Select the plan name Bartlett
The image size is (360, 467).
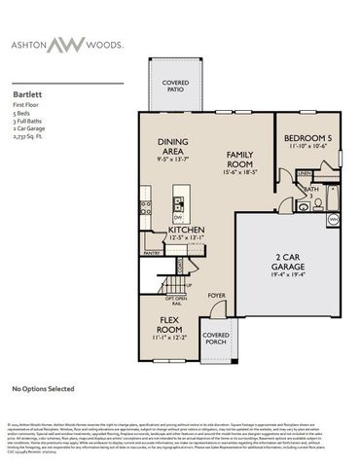click(x=27, y=85)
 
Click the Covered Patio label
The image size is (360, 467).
click(x=175, y=89)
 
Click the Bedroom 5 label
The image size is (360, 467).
click(x=309, y=139)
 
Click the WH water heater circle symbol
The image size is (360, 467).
click(x=334, y=221)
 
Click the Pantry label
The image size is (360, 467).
click(x=151, y=253)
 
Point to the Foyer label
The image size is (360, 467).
click(x=216, y=296)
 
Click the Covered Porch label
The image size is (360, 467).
click(x=216, y=340)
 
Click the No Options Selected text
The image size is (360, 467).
click(x=43, y=389)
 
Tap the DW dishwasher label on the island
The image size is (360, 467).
click(x=177, y=217)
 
